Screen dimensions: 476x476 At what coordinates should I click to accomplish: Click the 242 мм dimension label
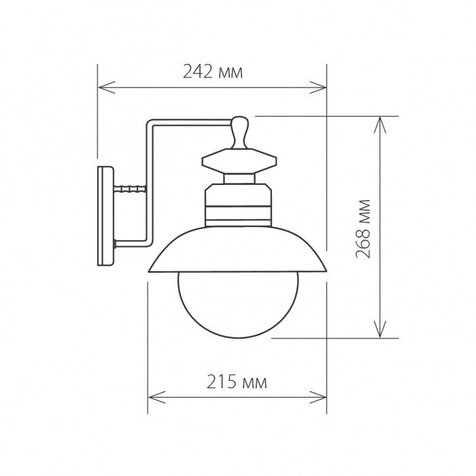click(213, 71)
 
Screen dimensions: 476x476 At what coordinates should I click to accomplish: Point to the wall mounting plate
click(105, 216)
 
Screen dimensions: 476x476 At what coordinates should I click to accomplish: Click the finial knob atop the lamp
click(239, 131)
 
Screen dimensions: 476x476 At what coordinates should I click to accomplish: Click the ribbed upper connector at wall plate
click(131, 189)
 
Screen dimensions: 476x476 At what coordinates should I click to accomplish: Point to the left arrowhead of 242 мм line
click(102, 86)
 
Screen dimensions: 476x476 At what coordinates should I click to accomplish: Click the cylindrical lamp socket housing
click(239, 204)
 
